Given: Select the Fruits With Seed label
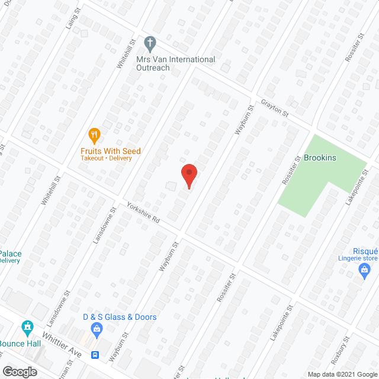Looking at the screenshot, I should pos(111,151).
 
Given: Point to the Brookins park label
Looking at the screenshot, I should pos(319,159).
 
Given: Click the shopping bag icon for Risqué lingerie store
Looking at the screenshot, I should pos(365,272).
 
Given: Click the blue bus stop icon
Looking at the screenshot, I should pos(95,355).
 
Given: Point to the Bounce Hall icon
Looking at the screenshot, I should pos(27,327).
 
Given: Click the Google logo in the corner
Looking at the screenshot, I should pos(19,371).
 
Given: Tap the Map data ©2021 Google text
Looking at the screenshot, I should pos(342,374).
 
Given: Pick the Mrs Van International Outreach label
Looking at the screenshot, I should pos(176,63).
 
